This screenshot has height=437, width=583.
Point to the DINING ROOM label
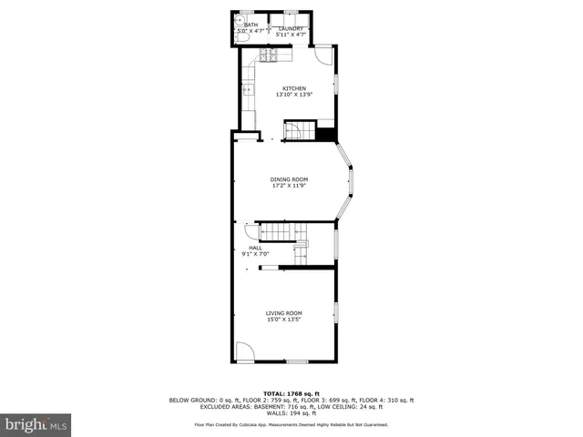[289, 179]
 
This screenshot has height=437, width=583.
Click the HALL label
[255, 248]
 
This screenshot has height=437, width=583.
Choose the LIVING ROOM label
[283, 313]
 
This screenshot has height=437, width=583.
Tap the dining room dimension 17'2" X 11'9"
[289, 186]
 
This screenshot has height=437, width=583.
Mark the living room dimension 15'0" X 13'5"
[283, 320]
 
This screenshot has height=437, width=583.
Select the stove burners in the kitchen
[271, 56]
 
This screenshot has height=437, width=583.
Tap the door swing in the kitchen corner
[323, 54]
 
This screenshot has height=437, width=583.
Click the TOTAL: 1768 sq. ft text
[291, 393]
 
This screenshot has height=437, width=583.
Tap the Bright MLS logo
[36, 424]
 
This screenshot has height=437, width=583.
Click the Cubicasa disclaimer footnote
[291, 425]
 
